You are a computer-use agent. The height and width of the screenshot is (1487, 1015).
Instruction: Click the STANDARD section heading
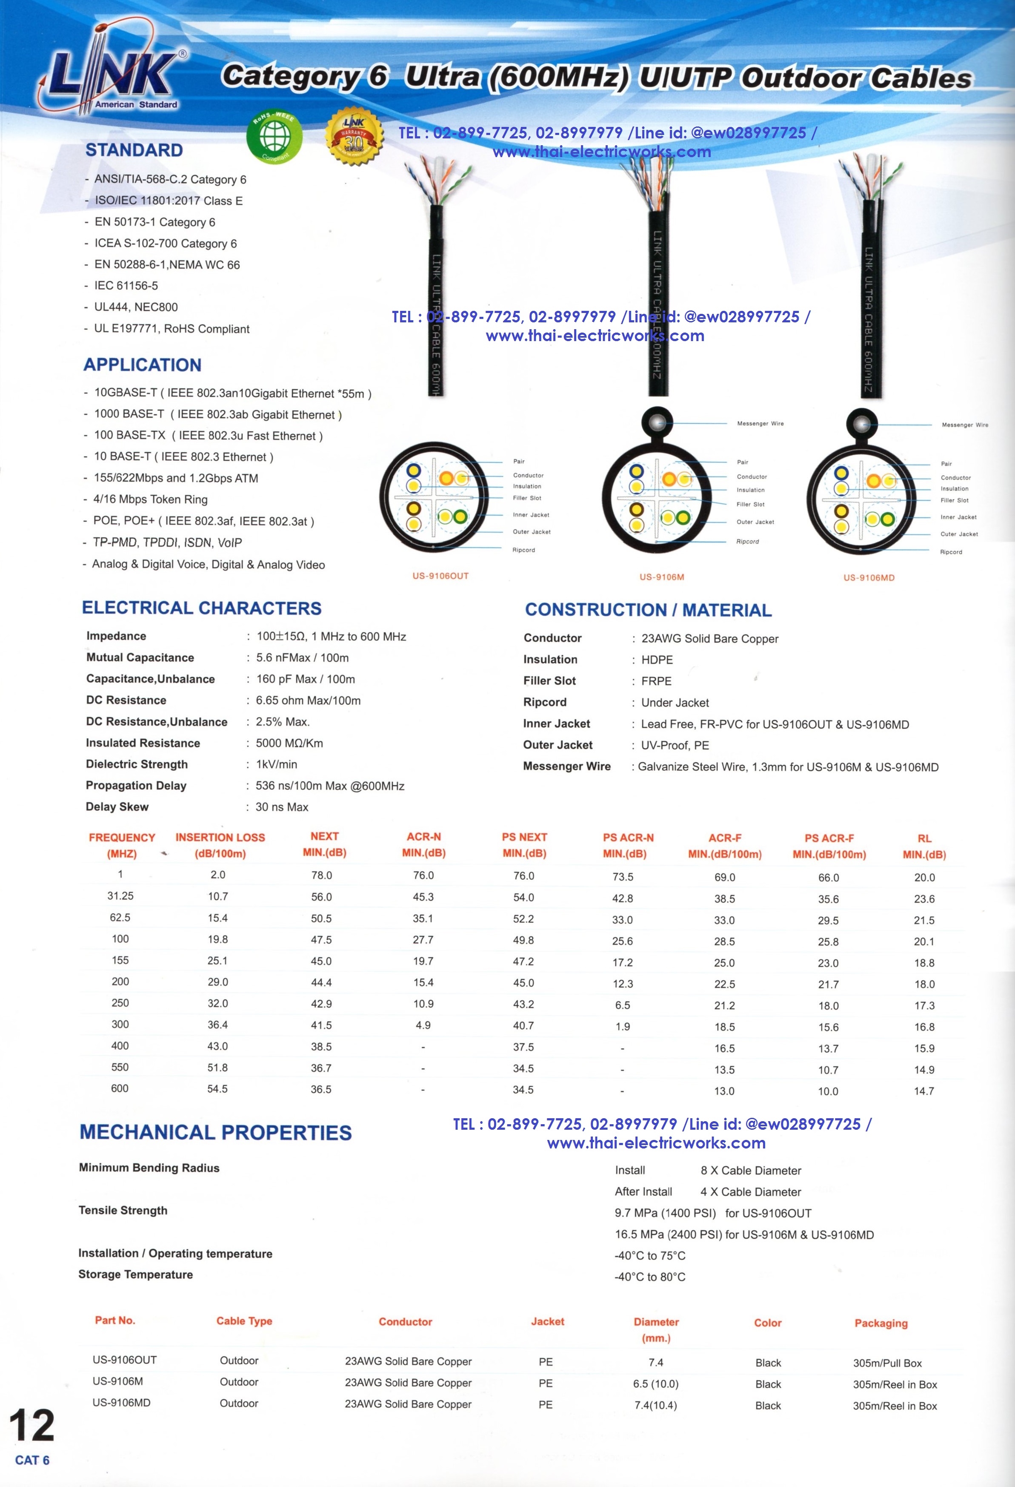[134, 150]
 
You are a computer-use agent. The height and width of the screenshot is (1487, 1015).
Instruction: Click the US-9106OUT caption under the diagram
[440, 576]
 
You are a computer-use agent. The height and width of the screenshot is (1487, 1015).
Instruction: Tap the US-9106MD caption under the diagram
[869, 578]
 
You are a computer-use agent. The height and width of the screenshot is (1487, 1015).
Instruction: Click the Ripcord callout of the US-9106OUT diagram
[524, 550]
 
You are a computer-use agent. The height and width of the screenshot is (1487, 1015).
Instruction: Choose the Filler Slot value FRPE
[656, 681]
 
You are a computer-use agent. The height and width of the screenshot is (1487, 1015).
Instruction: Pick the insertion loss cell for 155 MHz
[217, 960]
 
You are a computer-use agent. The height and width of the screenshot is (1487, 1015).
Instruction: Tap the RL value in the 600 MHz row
[924, 1091]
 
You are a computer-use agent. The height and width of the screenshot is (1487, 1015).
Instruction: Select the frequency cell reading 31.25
[120, 896]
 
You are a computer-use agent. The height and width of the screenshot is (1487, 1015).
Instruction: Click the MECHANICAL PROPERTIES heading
[215, 1133]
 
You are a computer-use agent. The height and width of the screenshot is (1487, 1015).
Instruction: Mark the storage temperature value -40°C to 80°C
[650, 1277]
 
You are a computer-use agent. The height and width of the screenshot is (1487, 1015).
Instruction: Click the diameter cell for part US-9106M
[655, 1384]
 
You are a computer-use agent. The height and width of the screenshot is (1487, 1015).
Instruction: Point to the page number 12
[31, 1426]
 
